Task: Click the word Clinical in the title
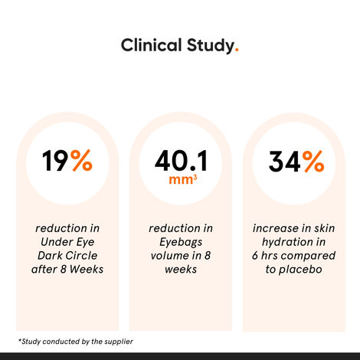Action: pyautogui.click(x=150, y=45)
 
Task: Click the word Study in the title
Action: pyautogui.click(x=208, y=45)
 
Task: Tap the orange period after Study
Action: pyautogui.click(x=237, y=51)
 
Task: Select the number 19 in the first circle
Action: pyautogui.click(x=54, y=162)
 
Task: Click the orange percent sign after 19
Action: pyautogui.click(x=80, y=162)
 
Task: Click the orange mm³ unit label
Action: pyautogui.click(x=180, y=181)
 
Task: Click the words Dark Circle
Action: pyautogui.click(x=69, y=256)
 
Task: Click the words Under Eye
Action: pyautogui.click(x=69, y=242)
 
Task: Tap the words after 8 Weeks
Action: pyautogui.click(x=69, y=270)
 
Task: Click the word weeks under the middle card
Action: pyautogui.click(x=180, y=270)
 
